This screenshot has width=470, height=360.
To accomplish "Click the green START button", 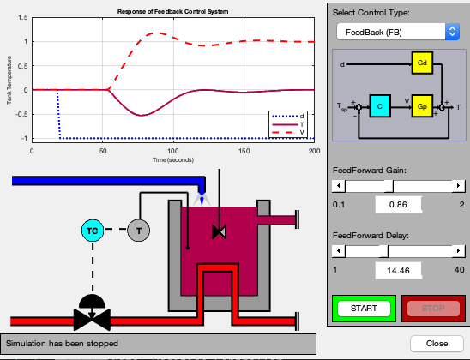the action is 364,309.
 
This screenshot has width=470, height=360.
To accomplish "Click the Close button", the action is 437,344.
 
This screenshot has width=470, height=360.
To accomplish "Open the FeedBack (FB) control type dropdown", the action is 398,32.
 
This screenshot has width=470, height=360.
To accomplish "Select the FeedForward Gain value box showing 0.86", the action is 398,205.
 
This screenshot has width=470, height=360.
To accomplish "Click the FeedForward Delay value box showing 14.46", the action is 398,271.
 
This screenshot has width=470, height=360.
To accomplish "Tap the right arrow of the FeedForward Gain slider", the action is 458,186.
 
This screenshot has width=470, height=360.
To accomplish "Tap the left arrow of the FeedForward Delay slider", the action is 339,250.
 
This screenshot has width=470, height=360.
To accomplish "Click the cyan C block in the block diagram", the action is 380,106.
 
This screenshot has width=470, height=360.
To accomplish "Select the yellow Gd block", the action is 422,63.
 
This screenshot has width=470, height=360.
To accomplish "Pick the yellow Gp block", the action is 422,106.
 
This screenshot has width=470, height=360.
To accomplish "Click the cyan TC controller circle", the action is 93,231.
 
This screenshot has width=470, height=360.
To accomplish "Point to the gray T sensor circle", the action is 138,231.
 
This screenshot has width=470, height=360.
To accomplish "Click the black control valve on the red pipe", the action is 92,313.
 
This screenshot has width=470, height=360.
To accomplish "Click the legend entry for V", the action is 288,132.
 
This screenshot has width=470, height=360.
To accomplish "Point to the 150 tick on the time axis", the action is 244,151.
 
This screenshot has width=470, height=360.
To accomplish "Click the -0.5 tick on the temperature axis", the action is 21,114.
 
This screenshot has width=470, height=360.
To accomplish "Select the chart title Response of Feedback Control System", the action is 173,12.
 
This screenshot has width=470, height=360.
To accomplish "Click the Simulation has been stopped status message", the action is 62,344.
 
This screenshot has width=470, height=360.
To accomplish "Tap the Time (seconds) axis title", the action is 173,160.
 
